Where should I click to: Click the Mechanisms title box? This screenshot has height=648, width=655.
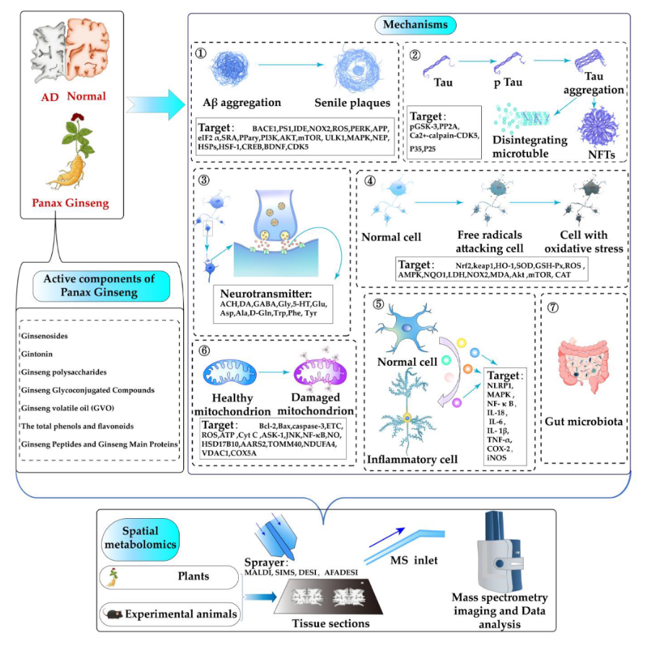pos(415,25)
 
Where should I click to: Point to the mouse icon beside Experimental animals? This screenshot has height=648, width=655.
pos(113,614)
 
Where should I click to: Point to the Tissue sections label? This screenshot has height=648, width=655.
pos(322,623)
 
